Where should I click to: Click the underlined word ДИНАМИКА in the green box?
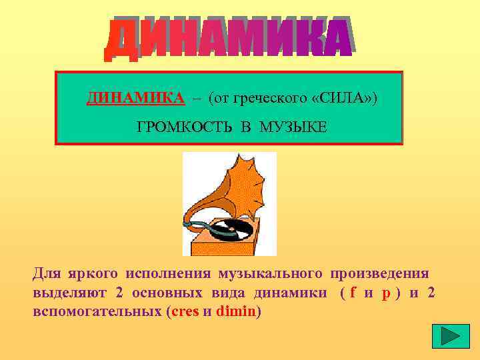click(x=135, y=99)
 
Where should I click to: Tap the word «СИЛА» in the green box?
click(x=343, y=99)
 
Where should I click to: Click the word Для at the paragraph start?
click(x=47, y=273)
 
